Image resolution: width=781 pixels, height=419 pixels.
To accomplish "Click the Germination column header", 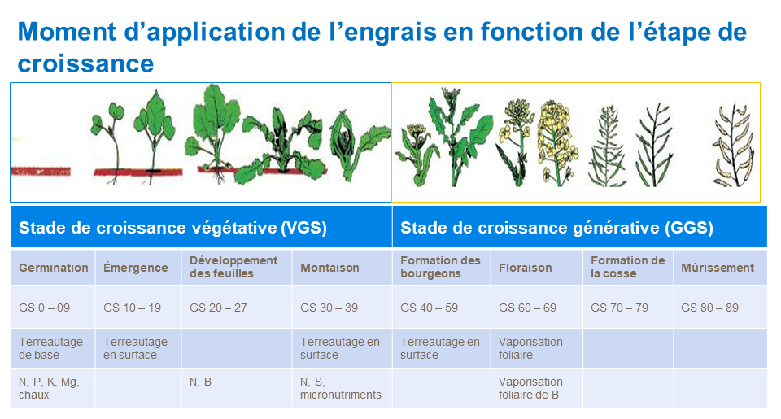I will point(54,268).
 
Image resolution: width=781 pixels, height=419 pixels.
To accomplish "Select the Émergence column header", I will point(136,268).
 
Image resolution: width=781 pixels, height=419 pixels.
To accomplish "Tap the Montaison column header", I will point(329,268).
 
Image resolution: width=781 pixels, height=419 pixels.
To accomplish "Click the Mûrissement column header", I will point(718,268).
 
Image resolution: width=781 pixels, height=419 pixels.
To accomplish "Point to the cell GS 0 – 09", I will point(45,308).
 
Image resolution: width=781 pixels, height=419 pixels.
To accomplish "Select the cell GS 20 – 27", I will point(216,308).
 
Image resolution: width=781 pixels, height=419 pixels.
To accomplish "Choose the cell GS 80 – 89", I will point(709,308).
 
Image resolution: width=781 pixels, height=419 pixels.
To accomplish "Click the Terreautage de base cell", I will point(51,348).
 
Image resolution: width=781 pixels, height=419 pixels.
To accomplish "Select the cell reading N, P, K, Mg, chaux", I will point(50,388).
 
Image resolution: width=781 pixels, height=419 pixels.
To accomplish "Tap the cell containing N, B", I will point(201,382).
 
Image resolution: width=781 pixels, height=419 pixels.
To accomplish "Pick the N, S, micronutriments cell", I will point(340,388).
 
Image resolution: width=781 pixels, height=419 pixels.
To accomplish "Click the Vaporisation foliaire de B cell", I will point(530,388).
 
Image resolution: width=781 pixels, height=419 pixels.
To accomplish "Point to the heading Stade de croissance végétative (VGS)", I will point(172,229).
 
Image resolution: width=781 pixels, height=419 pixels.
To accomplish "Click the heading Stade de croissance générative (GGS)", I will point(556,229).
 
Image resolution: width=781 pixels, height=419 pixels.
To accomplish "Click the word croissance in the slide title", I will point(85,63).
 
